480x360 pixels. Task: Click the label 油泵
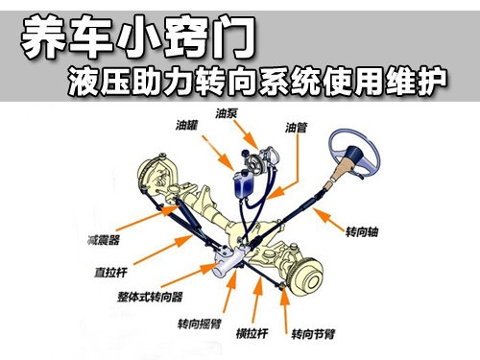click(226, 113)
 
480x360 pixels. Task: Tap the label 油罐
click(186, 125)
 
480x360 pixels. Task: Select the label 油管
click(296, 128)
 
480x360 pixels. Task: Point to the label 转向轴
click(362, 231)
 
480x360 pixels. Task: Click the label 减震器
click(104, 240)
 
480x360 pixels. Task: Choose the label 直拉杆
click(110, 273)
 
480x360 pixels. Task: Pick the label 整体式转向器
click(150, 297)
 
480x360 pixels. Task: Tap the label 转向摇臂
click(200, 324)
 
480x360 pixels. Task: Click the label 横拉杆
click(252, 333)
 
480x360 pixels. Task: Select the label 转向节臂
click(313, 334)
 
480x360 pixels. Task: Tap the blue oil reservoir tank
click(244, 184)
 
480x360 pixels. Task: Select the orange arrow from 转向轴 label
click(329, 220)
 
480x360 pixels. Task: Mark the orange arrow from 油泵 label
click(246, 135)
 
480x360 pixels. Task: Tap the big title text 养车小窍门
click(138, 37)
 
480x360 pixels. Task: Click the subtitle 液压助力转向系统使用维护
click(257, 82)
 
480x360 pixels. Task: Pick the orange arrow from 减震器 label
click(148, 218)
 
